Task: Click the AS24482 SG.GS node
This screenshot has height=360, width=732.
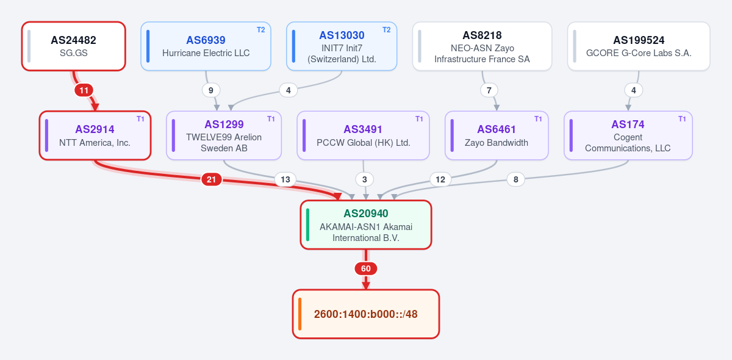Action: click(x=74, y=46)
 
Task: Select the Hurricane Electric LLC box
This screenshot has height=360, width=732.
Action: click(x=206, y=46)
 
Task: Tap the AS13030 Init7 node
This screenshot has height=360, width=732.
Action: click(x=342, y=46)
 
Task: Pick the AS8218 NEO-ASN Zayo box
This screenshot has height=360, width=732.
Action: click(x=482, y=46)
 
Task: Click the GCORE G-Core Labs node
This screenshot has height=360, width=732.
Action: click(x=639, y=46)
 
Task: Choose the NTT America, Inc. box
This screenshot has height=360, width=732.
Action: click(x=95, y=135)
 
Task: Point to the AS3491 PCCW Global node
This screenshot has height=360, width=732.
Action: click(x=363, y=135)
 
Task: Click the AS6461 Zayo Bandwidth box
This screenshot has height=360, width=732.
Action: click(x=497, y=135)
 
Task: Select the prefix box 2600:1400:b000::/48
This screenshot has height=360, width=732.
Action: click(x=365, y=314)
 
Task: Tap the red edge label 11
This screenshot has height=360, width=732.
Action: click(x=84, y=90)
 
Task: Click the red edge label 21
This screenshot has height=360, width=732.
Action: click(x=212, y=179)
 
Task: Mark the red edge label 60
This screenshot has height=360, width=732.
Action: click(x=365, y=268)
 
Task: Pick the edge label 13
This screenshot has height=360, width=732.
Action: click(x=285, y=179)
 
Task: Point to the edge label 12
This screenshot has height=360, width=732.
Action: click(x=440, y=179)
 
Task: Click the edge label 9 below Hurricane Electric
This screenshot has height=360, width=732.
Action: click(x=211, y=90)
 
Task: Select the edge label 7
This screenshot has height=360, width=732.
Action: click(x=489, y=90)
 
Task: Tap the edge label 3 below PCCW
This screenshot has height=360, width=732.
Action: click(x=364, y=179)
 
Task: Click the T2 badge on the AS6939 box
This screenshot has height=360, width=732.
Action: click(x=261, y=30)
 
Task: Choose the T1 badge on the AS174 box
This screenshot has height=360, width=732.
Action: click(x=682, y=119)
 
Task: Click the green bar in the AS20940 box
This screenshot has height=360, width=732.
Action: click(x=307, y=225)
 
